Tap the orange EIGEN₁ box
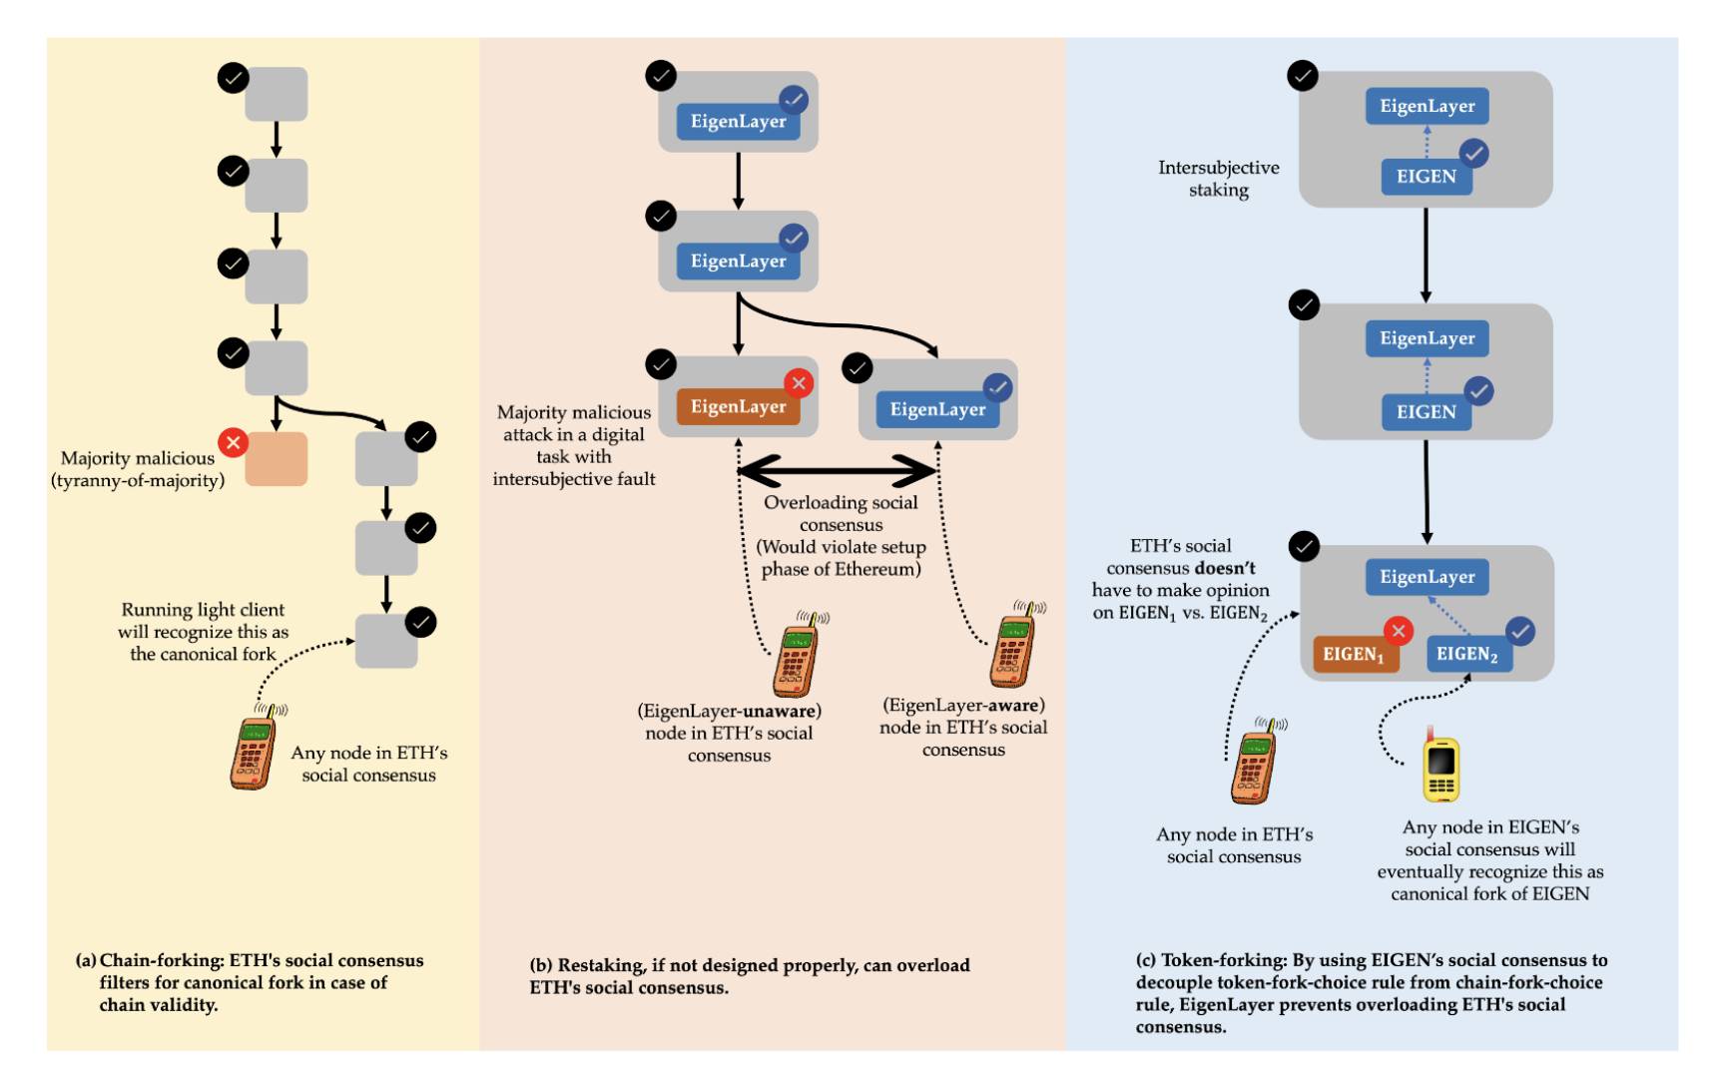point(1354,654)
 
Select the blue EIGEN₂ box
point(1468,654)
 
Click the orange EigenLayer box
point(738,406)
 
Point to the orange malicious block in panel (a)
point(277,459)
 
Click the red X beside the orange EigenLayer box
point(799,383)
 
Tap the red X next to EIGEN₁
point(1399,631)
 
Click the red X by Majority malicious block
point(233,442)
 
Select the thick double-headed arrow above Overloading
point(837,469)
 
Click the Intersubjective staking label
point(1218,179)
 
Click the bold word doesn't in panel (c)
point(1225,568)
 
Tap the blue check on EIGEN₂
point(1519,631)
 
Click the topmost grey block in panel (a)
point(277,94)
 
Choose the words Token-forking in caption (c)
point(1224,960)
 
